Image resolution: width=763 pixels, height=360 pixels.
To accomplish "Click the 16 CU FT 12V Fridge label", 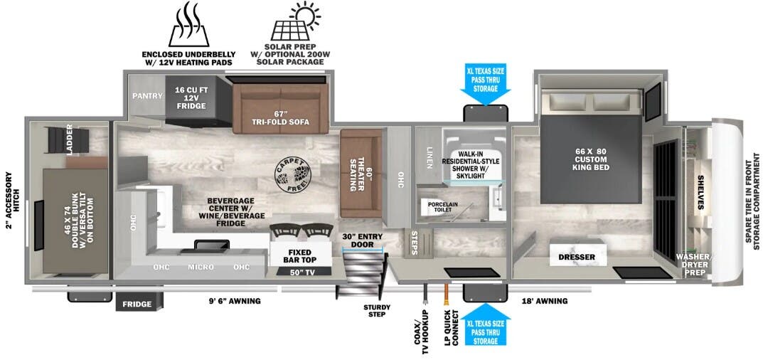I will pos(191,98).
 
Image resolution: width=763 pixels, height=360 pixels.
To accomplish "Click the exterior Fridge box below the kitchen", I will pos(137,304).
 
